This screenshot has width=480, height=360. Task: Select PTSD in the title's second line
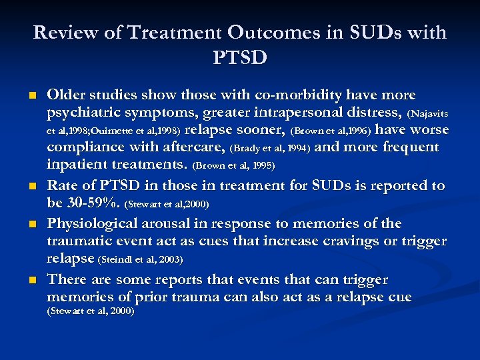click(240, 57)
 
